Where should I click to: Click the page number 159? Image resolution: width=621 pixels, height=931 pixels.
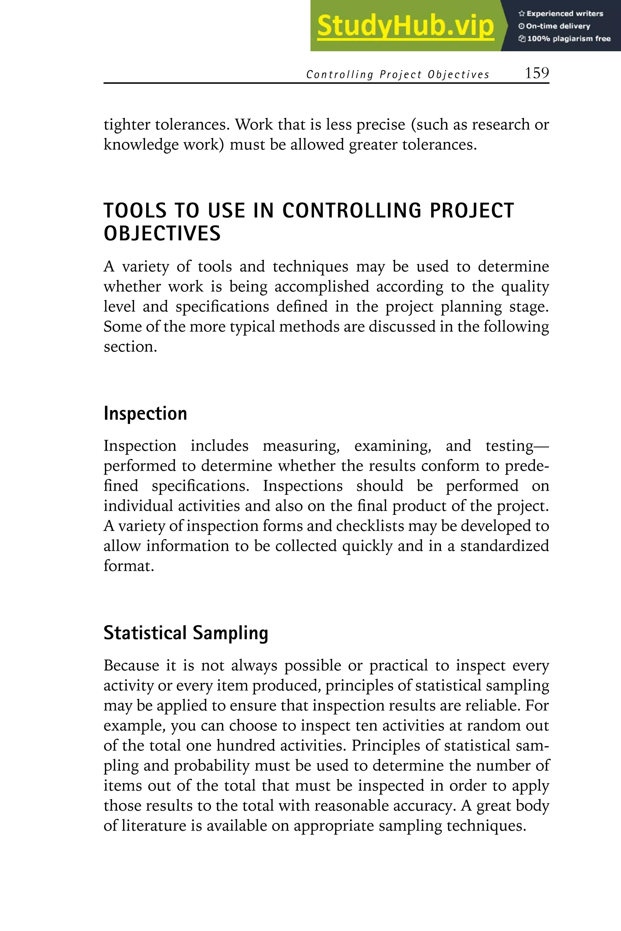click(537, 73)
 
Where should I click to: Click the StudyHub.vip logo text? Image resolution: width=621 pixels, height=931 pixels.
click(405, 26)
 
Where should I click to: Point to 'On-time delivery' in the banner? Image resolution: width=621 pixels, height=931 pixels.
click(555, 26)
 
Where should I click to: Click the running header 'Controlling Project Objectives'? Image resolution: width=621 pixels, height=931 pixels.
click(398, 75)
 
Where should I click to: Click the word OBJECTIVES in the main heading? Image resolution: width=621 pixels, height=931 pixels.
click(162, 234)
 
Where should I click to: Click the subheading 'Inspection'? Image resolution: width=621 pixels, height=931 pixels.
click(145, 414)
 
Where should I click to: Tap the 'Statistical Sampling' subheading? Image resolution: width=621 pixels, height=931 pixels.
click(186, 633)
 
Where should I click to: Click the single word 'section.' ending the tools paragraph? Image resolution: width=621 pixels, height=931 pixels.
click(130, 347)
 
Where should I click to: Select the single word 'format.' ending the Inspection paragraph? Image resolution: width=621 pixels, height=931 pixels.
click(128, 566)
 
